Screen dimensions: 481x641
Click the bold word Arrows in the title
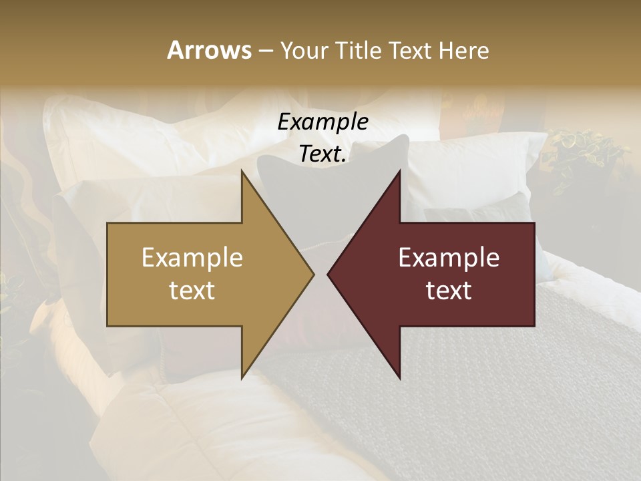(209, 50)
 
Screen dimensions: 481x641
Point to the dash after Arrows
(266, 51)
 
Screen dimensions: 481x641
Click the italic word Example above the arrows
(323, 122)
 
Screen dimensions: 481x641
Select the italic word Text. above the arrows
(323, 154)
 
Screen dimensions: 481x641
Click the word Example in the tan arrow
(192, 258)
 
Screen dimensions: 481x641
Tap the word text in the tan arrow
(192, 291)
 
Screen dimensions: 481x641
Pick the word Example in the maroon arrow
(449, 258)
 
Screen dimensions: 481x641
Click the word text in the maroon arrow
(449, 291)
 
